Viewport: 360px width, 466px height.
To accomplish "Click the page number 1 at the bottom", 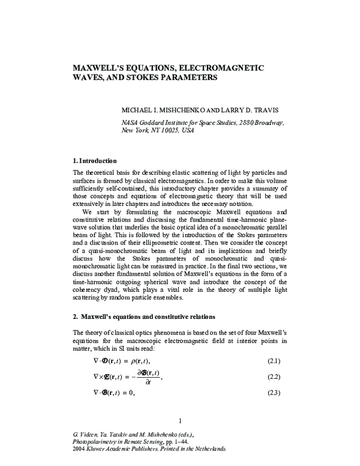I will point(180,420).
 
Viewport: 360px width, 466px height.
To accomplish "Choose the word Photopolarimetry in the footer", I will point(95,441).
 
